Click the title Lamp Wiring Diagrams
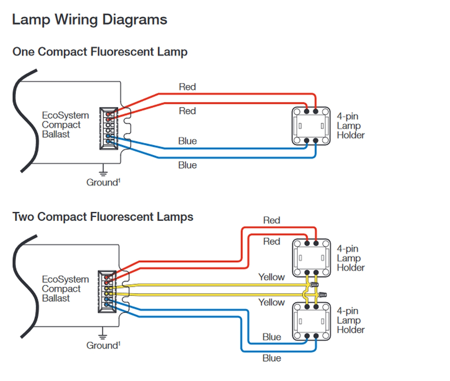(89, 20)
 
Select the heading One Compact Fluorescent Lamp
(100, 52)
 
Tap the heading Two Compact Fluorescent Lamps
(103, 217)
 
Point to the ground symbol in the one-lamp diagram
(103, 172)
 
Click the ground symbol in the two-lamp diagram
(102, 335)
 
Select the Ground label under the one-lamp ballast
(103, 182)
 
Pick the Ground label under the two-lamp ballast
(103, 346)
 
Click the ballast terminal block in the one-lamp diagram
(109, 129)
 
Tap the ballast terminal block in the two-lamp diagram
(107, 292)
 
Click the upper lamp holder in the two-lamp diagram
(311, 258)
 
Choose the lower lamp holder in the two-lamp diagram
(311, 321)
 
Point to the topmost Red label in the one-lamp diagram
(187, 87)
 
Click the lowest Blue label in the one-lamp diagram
(187, 165)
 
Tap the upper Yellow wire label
(271, 277)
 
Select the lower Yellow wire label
(271, 302)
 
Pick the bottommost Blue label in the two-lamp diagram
(272, 358)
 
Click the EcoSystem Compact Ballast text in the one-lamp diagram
(65, 125)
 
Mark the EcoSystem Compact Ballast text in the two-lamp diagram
(65, 289)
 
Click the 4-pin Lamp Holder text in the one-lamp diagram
(350, 126)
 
